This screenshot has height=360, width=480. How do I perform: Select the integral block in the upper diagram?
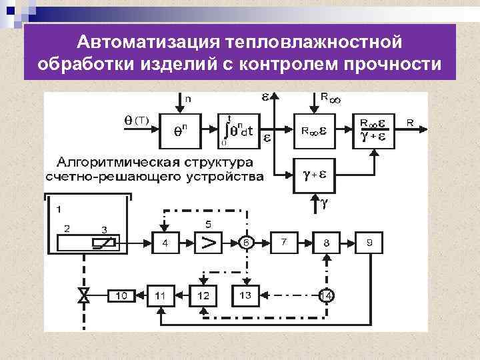pyautogui.click(x=239, y=130)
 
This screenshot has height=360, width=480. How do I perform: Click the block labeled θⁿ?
pyautogui.click(x=181, y=130)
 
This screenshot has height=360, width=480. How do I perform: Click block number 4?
pyautogui.click(x=165, y=243)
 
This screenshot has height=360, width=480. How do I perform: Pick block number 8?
pyautogui.click(x=326, y=243)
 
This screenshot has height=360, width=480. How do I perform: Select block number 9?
pyautogui.click(x=369, y=243)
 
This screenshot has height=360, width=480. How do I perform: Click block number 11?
pyautogui.click(x=161, y=295)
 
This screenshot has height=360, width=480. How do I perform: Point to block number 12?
pyautogui.click(x=203, y=295)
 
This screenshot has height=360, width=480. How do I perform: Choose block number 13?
pyautogui.click(x=245, y=295)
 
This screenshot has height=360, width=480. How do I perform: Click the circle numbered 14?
pyautogui.click(x=326, y=295)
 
